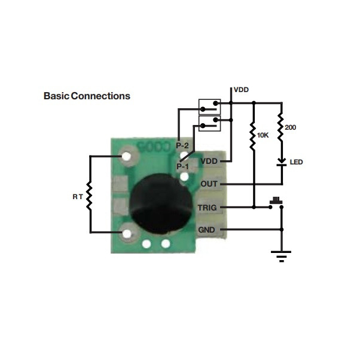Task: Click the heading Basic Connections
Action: (87, 96)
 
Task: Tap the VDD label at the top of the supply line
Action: (241, 90)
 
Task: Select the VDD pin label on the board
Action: (209, 161)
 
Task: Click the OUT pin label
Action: (209, 184)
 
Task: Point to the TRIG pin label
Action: (209, 208)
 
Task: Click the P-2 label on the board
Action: (182, 146)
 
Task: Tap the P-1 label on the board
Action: (182, 166)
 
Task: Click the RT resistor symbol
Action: (90, 195)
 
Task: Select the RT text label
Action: (77, 196)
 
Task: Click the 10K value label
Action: (263, 136)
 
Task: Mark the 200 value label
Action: (291, 127)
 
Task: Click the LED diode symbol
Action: (280, 162)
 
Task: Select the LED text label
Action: (296, 162)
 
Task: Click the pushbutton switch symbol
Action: (276, 202)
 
